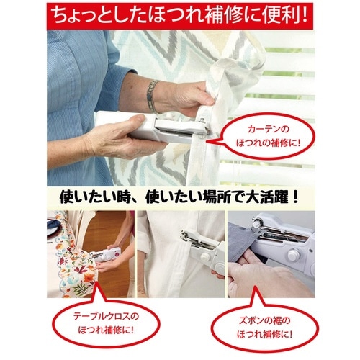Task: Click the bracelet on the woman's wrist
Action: coord(153,96)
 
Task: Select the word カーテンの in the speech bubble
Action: coord(269,130)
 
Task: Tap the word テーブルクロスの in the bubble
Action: coord(106,316)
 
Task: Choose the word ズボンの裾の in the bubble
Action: coord(264,320)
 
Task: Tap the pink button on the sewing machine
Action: coord(117,253)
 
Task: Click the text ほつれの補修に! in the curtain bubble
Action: coord(269,143)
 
